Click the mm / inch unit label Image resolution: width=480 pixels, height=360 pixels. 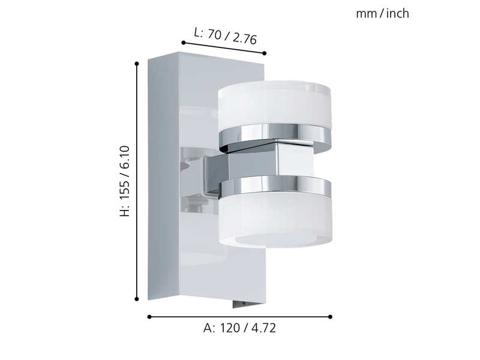382,13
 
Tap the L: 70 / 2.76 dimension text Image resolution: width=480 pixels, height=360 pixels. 226,36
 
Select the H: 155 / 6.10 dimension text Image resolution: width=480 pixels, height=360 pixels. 125,181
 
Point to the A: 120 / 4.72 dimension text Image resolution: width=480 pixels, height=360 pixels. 239,328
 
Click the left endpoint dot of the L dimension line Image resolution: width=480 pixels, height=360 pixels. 184,43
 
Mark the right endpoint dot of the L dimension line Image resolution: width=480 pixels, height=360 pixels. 265,53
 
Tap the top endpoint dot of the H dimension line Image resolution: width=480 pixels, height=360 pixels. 137,64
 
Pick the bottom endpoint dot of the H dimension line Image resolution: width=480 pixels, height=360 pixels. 137,299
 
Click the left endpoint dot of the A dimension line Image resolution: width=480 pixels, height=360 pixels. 149,317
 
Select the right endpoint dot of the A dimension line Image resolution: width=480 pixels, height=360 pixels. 330,317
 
